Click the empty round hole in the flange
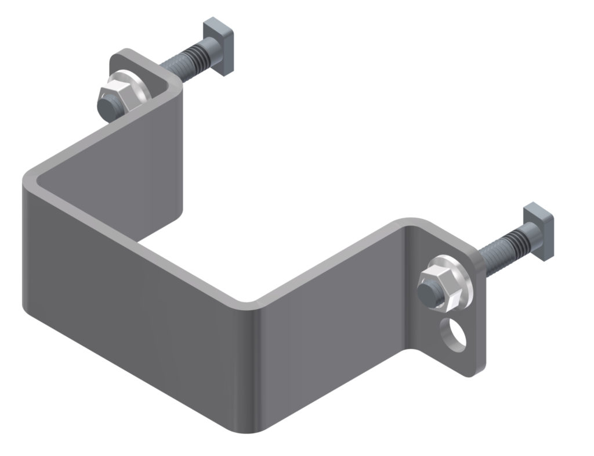454,333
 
